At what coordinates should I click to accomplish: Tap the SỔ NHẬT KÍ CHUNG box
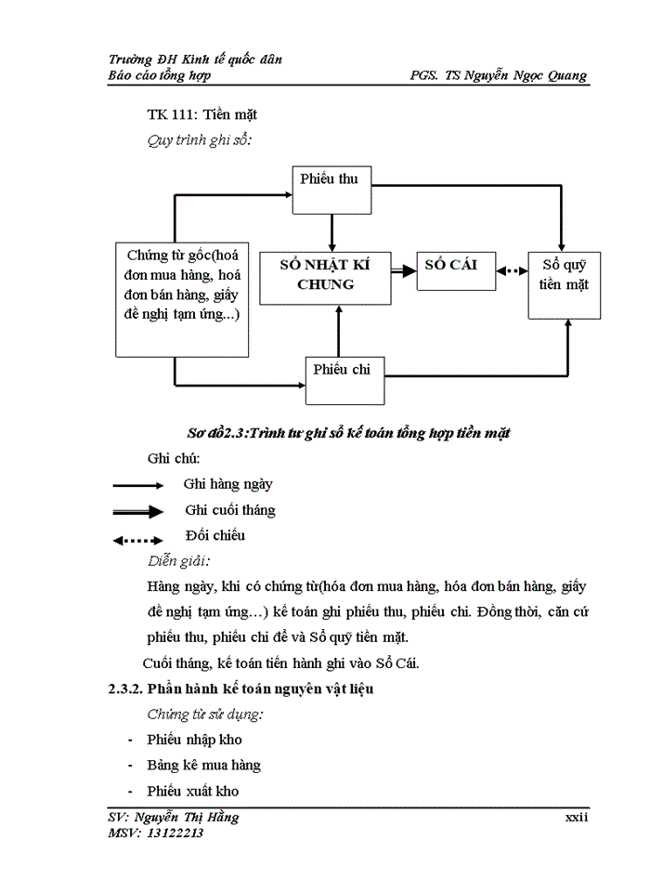(x=325, y=276)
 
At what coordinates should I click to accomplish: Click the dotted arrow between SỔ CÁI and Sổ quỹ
(x=506, y=271)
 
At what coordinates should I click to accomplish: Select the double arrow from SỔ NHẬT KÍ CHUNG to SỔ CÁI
(x=402, y=270)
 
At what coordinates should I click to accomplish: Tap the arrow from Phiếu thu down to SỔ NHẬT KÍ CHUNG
(x=331, y=230)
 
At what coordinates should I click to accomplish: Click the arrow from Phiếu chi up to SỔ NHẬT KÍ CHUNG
(x=338, y=330)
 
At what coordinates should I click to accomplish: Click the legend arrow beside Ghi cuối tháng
(x=138, y=511)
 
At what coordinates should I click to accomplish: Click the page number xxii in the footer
(x=577, y=817)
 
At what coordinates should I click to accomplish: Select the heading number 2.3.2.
(x=125, y=689)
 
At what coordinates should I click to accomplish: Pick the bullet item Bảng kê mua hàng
(x=203, y=766)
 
